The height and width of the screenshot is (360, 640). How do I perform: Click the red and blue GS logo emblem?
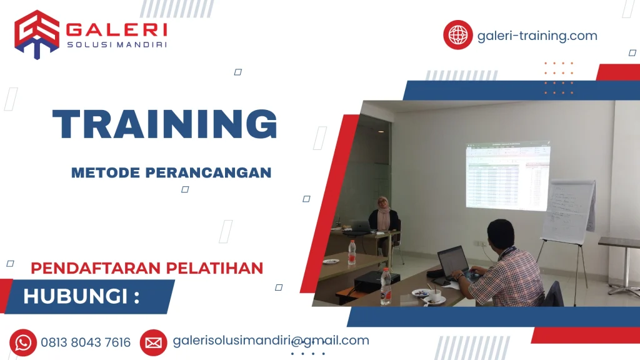37,34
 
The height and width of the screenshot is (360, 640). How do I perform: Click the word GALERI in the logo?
116,29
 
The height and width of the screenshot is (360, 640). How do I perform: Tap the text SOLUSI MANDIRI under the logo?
116,44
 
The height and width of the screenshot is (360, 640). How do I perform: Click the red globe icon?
457,35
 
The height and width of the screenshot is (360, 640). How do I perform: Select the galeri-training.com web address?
537,36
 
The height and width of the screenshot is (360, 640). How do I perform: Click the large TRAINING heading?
164,124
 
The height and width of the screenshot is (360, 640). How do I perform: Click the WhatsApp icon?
23,342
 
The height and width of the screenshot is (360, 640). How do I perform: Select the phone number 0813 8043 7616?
86,342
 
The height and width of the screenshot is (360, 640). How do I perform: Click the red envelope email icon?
153,342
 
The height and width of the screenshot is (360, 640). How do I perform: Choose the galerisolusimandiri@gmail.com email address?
271,341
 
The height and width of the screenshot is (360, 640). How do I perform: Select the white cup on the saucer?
434,294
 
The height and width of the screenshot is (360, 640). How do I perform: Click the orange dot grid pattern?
558,78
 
